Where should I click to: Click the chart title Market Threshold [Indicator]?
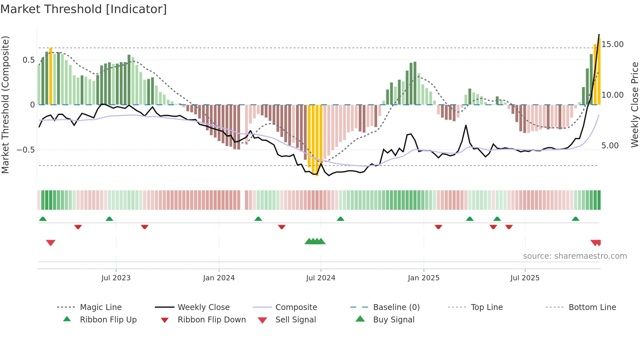point(84,9)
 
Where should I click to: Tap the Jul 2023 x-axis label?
point(116,278)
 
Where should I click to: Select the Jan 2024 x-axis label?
point(219,278)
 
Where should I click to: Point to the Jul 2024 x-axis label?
point(321,278)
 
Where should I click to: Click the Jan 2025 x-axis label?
point(424,278)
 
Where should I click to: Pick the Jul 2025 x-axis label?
point(525,278)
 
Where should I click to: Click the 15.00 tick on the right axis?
point(612,44)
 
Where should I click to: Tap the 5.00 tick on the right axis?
point(610,146)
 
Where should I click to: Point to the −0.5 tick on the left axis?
point(25,150)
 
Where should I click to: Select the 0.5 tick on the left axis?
point(28,60)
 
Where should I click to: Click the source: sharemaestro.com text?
point(575,256)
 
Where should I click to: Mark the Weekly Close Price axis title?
point(634,105)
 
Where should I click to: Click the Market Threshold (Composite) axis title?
point(5,105)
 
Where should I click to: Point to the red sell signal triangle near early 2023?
point(51,243)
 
